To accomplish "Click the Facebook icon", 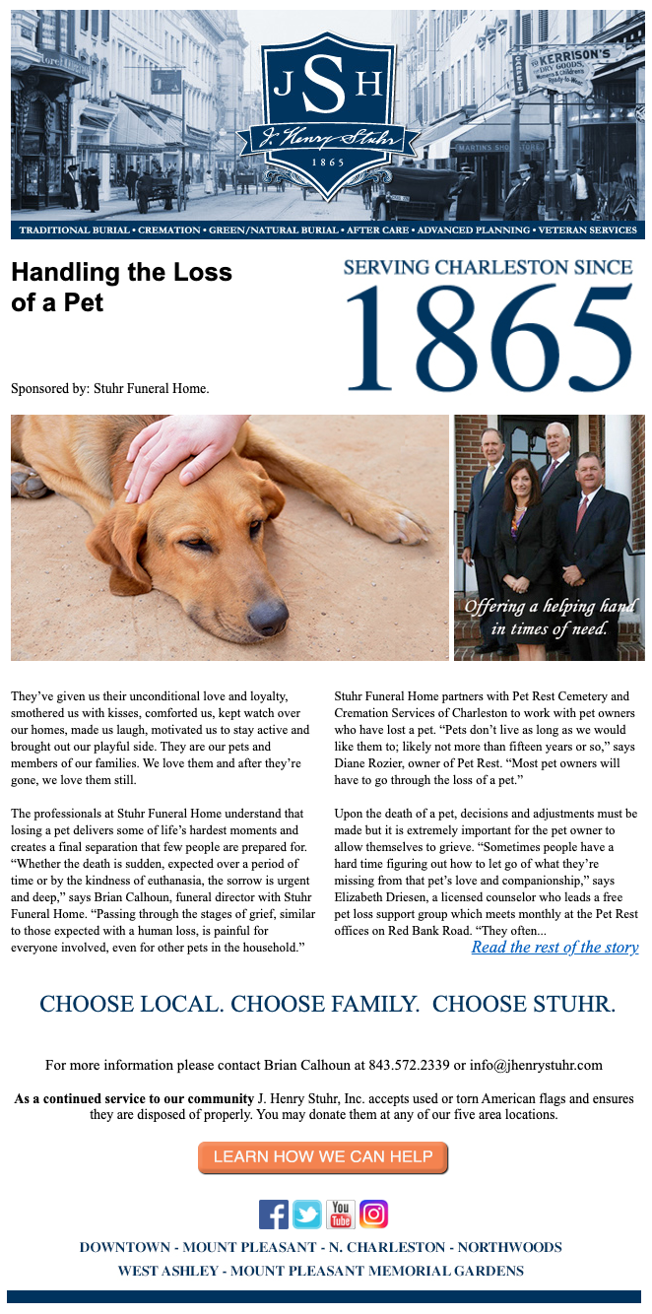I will tap(274, 1215).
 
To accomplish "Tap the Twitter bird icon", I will tap(307, 1215).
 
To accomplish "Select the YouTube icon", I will tap(341, 1215).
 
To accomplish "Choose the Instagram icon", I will tap(373, 1215).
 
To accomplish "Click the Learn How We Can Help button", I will tap(323, 1157).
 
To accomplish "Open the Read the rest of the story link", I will tap(554, 948).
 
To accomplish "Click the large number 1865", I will tap(489, 340).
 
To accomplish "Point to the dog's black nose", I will tap(268, 619).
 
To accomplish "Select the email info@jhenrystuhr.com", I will tap(536, 1065).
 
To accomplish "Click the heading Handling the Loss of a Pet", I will tap(121, 287).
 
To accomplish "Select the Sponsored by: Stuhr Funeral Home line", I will tap(110, 388).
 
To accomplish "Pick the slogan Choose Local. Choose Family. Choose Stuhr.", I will tap(327, 1005).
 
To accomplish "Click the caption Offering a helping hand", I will tap(550, 617).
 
